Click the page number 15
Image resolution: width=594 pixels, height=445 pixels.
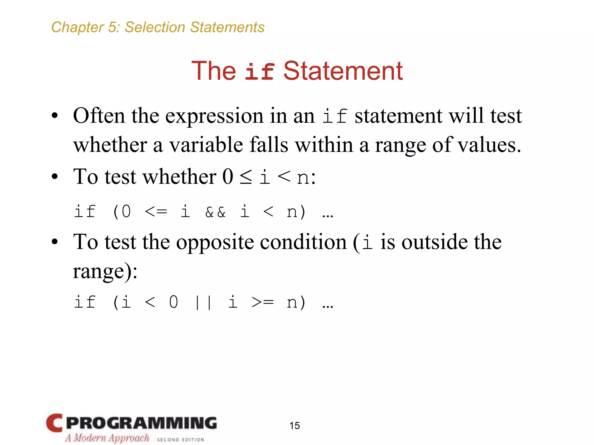click(x=294, y=426)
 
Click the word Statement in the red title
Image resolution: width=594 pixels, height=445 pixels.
click(x=343, y=71)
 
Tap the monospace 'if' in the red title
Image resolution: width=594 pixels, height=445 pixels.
click(x=260, y=72)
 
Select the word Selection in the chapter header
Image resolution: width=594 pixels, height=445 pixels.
click(x=155, y=28)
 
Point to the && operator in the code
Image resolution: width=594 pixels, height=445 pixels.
click(x=215, y=212)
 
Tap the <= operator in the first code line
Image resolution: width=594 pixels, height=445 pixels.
click(x=156, y=212)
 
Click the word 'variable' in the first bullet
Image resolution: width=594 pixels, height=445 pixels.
click(x=206, y=145)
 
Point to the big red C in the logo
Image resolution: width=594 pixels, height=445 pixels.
click(x=55, y=423)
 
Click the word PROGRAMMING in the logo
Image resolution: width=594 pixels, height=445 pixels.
click(x=142, y=423)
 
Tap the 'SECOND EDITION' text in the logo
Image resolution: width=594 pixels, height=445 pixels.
click(x=180, y=439)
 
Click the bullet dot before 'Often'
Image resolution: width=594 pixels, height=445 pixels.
click(x=55, y=116)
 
